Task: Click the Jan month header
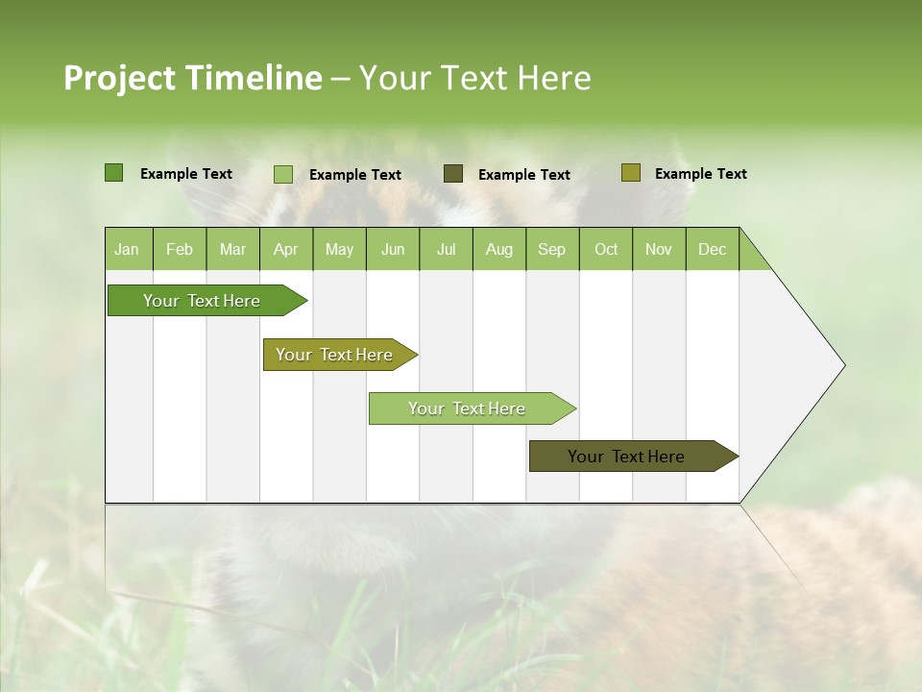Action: tap(128, 249)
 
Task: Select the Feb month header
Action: tap(180, 249)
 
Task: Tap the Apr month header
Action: tap(286, 249)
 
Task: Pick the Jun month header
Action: tap(393, 249)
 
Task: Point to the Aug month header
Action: tap(499, 249)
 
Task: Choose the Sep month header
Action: tap(552, 249)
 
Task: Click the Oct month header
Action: tap(606, 249)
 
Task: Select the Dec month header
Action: tap(713, 249)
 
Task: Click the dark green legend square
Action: tap(113, 173)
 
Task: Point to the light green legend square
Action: tap(283, 174)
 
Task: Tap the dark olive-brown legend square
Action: tap(453, 174)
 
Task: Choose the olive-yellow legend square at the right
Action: tap(630, 173)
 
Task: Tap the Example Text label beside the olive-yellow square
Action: tap(700, 174)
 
